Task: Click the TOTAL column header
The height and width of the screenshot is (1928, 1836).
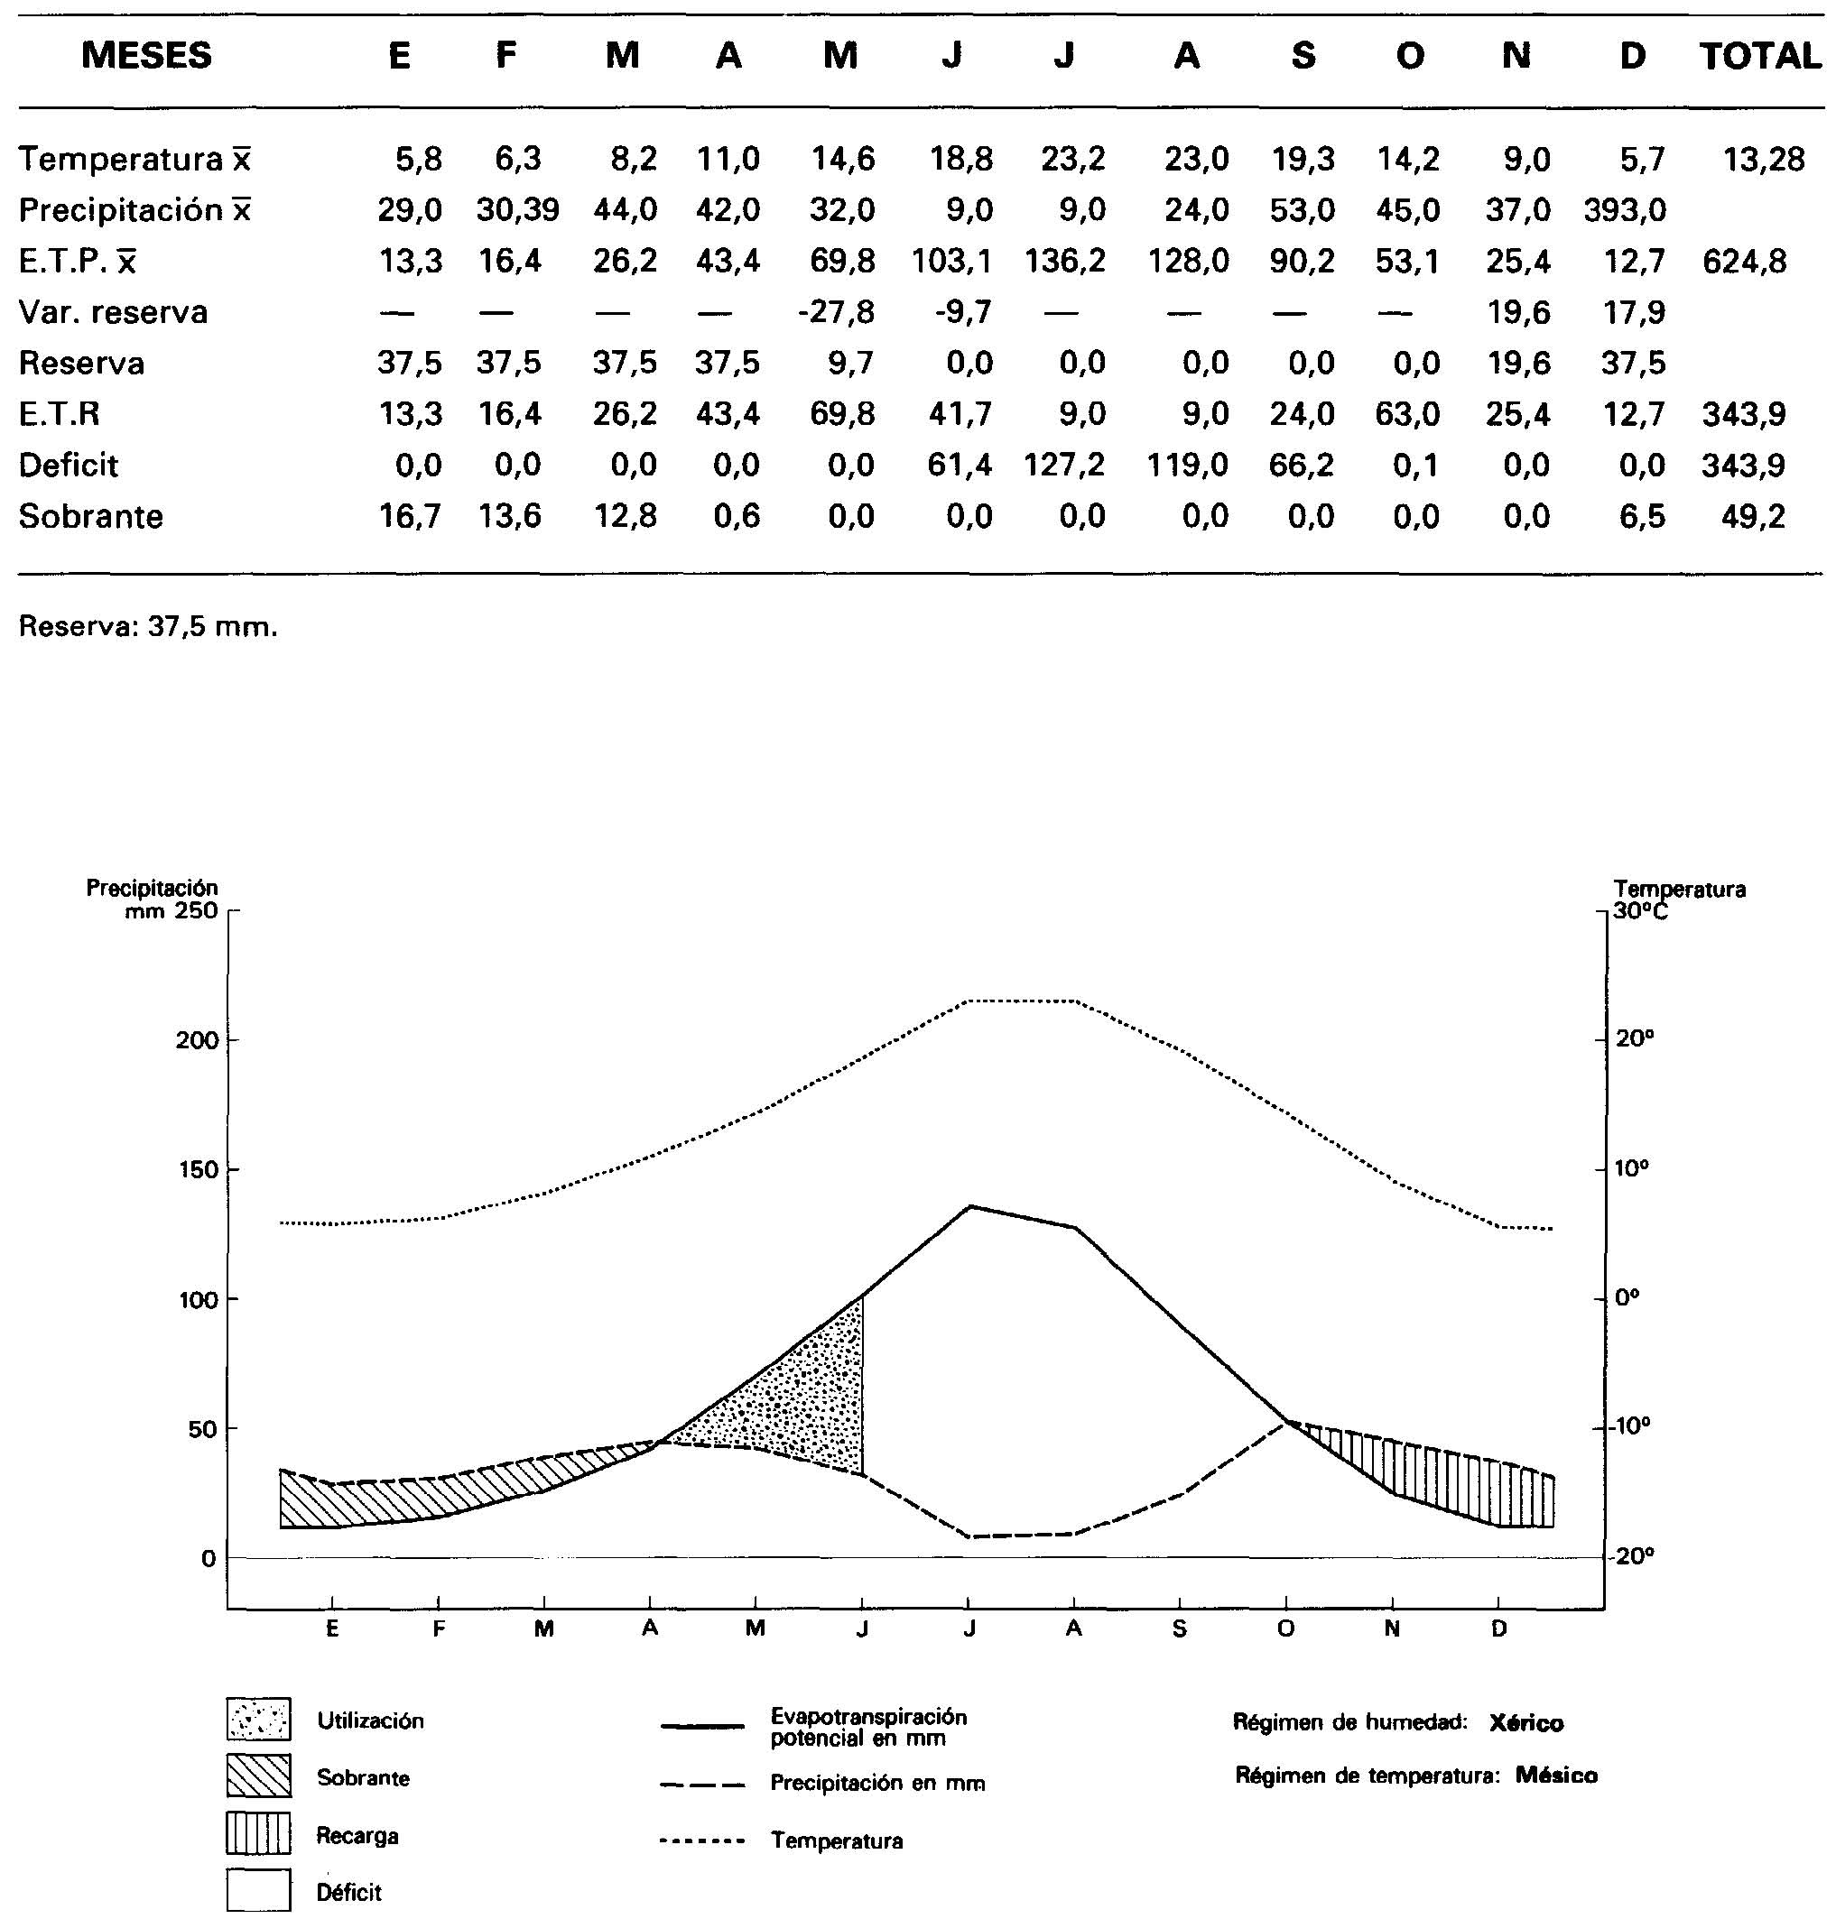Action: pos(1759,56)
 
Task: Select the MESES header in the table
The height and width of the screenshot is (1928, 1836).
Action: pos(146,55)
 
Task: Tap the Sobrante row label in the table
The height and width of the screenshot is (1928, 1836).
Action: pos(91,515)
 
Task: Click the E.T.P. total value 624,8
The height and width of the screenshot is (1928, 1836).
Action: pos(1745,261)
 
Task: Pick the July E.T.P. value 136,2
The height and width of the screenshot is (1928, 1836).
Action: pos(1065,261)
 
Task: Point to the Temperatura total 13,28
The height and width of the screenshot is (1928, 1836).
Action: pos(1764,159)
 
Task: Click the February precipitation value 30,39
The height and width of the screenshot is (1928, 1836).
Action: pos(518,209)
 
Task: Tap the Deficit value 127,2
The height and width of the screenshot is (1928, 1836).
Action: pos(1065,465)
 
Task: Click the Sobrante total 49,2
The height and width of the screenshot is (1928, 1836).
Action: pos(1753,515)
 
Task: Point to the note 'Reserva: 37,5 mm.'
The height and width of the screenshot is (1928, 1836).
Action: pos(148,626)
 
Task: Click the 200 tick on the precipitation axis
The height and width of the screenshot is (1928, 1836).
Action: pos(197,1040)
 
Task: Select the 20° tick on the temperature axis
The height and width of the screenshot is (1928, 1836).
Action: pos(1635,1038)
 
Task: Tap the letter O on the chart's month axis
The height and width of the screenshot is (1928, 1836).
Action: pos(1286,1628)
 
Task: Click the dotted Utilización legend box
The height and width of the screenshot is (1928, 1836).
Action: pos(258,1720)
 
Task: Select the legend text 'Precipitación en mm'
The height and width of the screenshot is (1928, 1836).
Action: pos(876,1784)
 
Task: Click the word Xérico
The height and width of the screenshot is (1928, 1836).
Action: pos(1525,1722)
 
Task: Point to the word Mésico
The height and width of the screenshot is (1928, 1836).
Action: pos(1556,1776)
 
